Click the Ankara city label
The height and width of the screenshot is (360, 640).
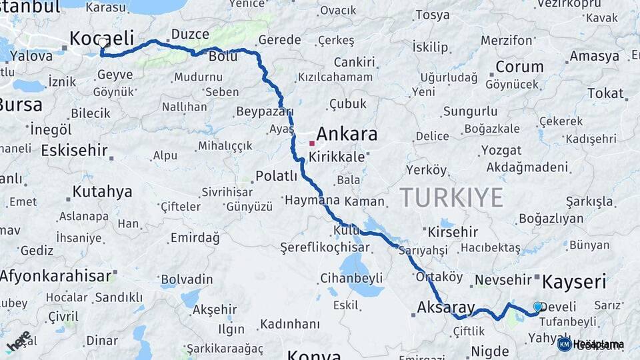tap(346, 134)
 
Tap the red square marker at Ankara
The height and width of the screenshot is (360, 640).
tap(311, 143)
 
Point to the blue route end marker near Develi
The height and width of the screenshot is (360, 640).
tap(537, 307)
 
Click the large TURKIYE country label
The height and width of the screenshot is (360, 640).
tap(451, 197)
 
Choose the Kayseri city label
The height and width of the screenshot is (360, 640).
tap(573, 281)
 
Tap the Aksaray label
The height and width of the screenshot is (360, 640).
tap(446, 307)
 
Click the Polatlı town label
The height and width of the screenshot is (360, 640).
tap(276, 176)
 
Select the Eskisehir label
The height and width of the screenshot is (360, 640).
tap(74, 150)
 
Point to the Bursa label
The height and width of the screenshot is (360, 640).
tap(20, 105)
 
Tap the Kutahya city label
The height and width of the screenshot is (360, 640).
tap(102, 192)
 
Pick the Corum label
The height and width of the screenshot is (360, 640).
tap(519, 67)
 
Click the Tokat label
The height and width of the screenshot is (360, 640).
tap(605, 93)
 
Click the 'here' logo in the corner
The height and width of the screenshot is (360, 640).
tap(19, 341)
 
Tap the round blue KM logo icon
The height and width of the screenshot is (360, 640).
tap(565, 344)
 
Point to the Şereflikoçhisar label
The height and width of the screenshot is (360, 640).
tap(325, 247)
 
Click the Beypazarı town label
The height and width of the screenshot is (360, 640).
tap(265, 111)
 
